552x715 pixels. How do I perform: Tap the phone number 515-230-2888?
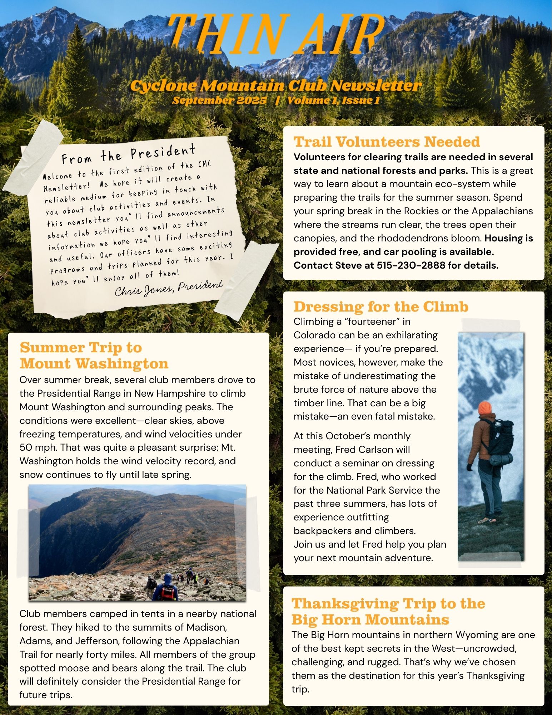(x=411, y=265)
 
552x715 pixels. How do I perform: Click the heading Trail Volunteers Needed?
(x=387, y=142)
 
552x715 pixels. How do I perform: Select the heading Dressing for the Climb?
(x=381, y=307)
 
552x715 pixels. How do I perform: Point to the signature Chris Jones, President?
(x=169, y=288)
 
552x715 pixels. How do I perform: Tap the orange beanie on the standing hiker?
(x=485, y=408)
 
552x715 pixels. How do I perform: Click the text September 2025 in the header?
(x=219, y=101)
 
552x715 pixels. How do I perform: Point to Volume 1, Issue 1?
(x=333, y=101)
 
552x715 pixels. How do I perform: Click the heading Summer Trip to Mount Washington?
(x=94, y=356)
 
